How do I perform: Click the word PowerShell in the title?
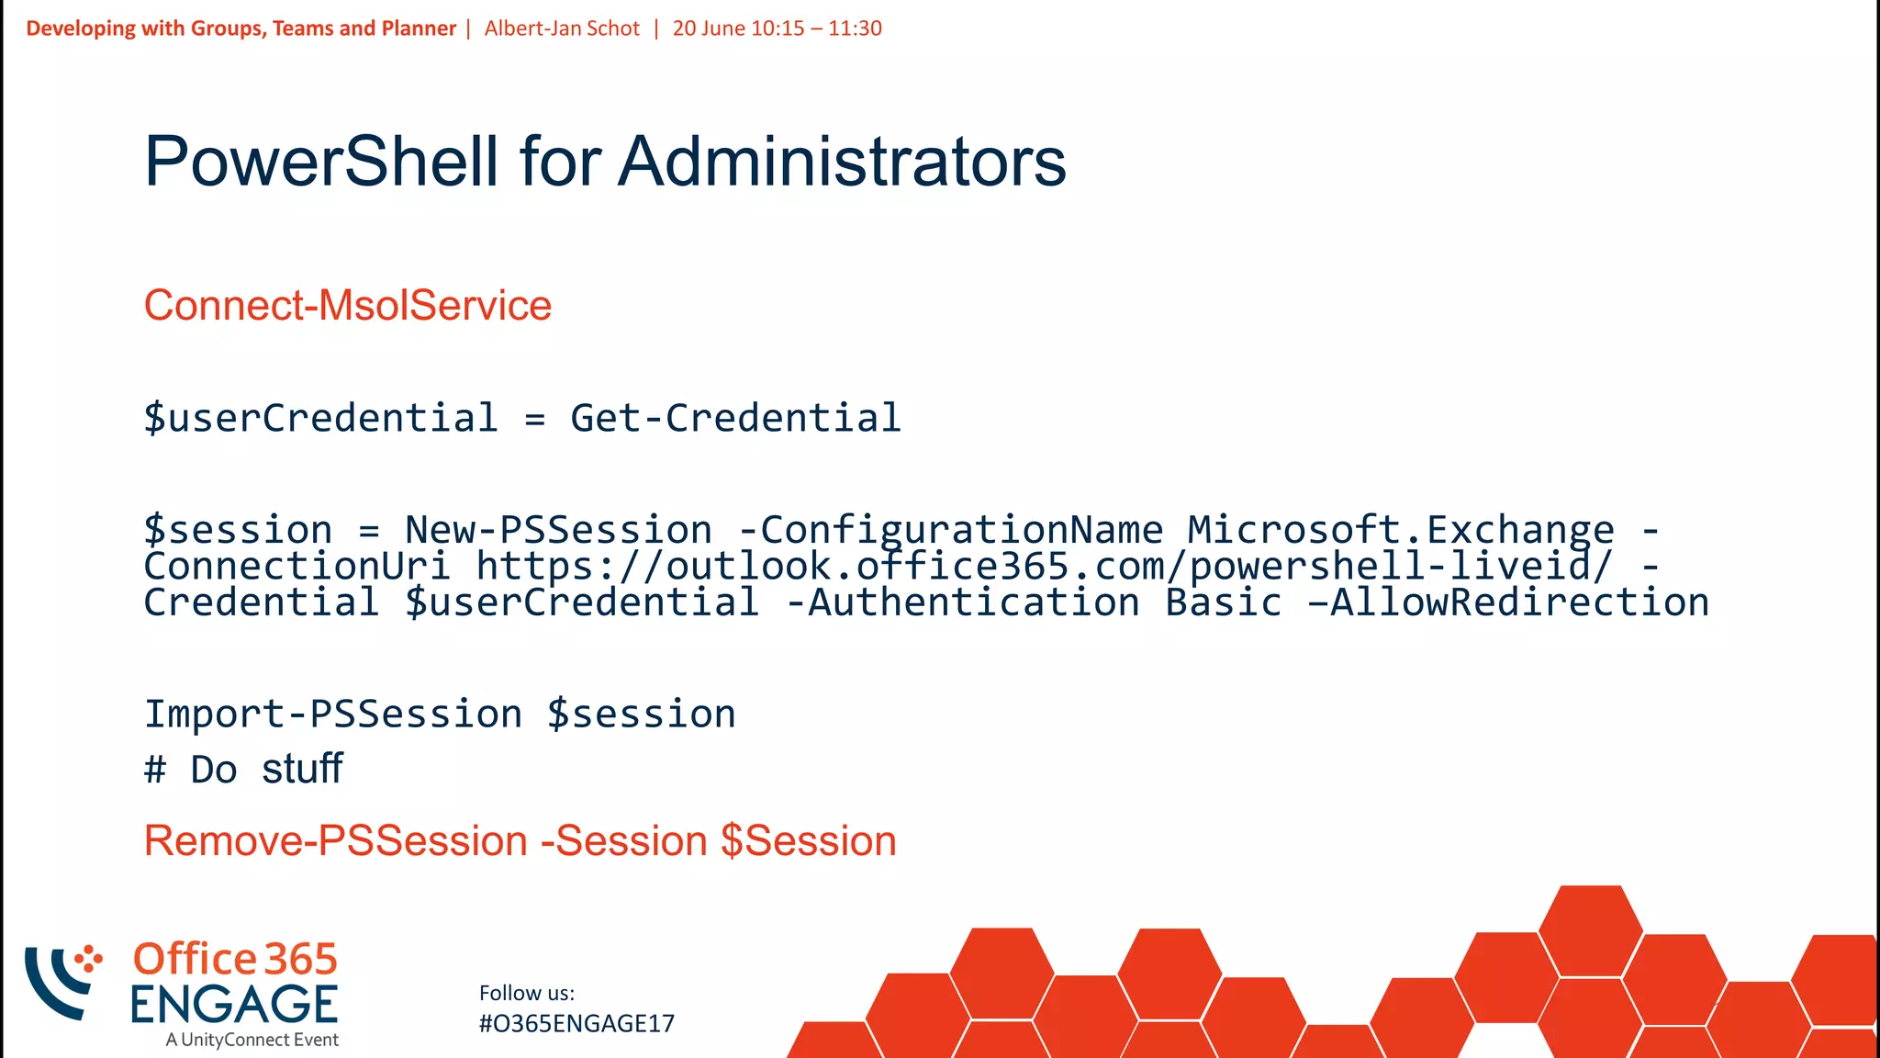pos(321,162)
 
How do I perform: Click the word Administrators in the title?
pos(842,162)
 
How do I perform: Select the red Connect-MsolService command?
pos(347,305)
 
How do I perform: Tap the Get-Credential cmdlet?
pos(735,418)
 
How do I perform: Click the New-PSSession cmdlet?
pos(558,530)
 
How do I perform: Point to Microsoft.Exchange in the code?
pos(1400,530)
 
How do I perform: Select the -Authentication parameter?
pos(963,602)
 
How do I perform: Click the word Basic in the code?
pos(1223,602)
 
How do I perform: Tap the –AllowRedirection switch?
pos(1508,602)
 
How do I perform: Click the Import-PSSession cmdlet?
pos(333,714)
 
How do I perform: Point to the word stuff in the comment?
pos(302,769)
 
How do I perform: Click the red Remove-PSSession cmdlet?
pos(336,840)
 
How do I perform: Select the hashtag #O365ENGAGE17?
pos(576,1023)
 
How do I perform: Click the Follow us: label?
pos(527,993)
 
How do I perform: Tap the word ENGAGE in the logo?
pos(234,1004)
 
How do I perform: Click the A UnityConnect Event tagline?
pos(252,1040)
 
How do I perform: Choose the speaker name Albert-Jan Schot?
pos(562,28)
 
